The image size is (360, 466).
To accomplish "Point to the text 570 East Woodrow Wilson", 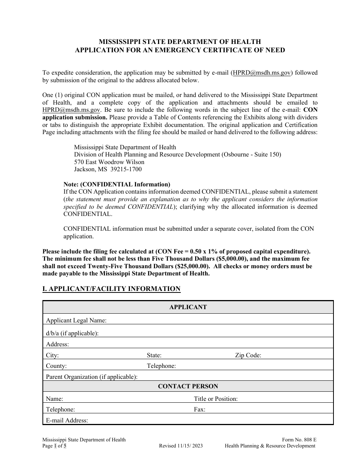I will [x=109, y=162].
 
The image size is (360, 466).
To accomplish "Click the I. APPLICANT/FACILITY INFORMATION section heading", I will [x=111, y=289].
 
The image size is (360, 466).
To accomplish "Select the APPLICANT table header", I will [x=188, y=307].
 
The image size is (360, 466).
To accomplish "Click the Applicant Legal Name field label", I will [x=76, y=321].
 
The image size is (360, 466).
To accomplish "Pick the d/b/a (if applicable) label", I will [x=72, y=333].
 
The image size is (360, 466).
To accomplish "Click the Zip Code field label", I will [x=248, y=355].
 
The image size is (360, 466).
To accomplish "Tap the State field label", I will [x=154, y=355].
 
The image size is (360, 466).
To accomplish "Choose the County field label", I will [x=56, y=366].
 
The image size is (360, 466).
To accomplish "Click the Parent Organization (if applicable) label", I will [x=92, y=377].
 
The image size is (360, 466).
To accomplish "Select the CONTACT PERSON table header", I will [x=188, y=386].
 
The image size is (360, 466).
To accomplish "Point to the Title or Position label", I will [x=216, y=399].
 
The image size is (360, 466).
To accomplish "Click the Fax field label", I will [x=199, y=410].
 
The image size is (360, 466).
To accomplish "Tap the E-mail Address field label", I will [x=67, y=421].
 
